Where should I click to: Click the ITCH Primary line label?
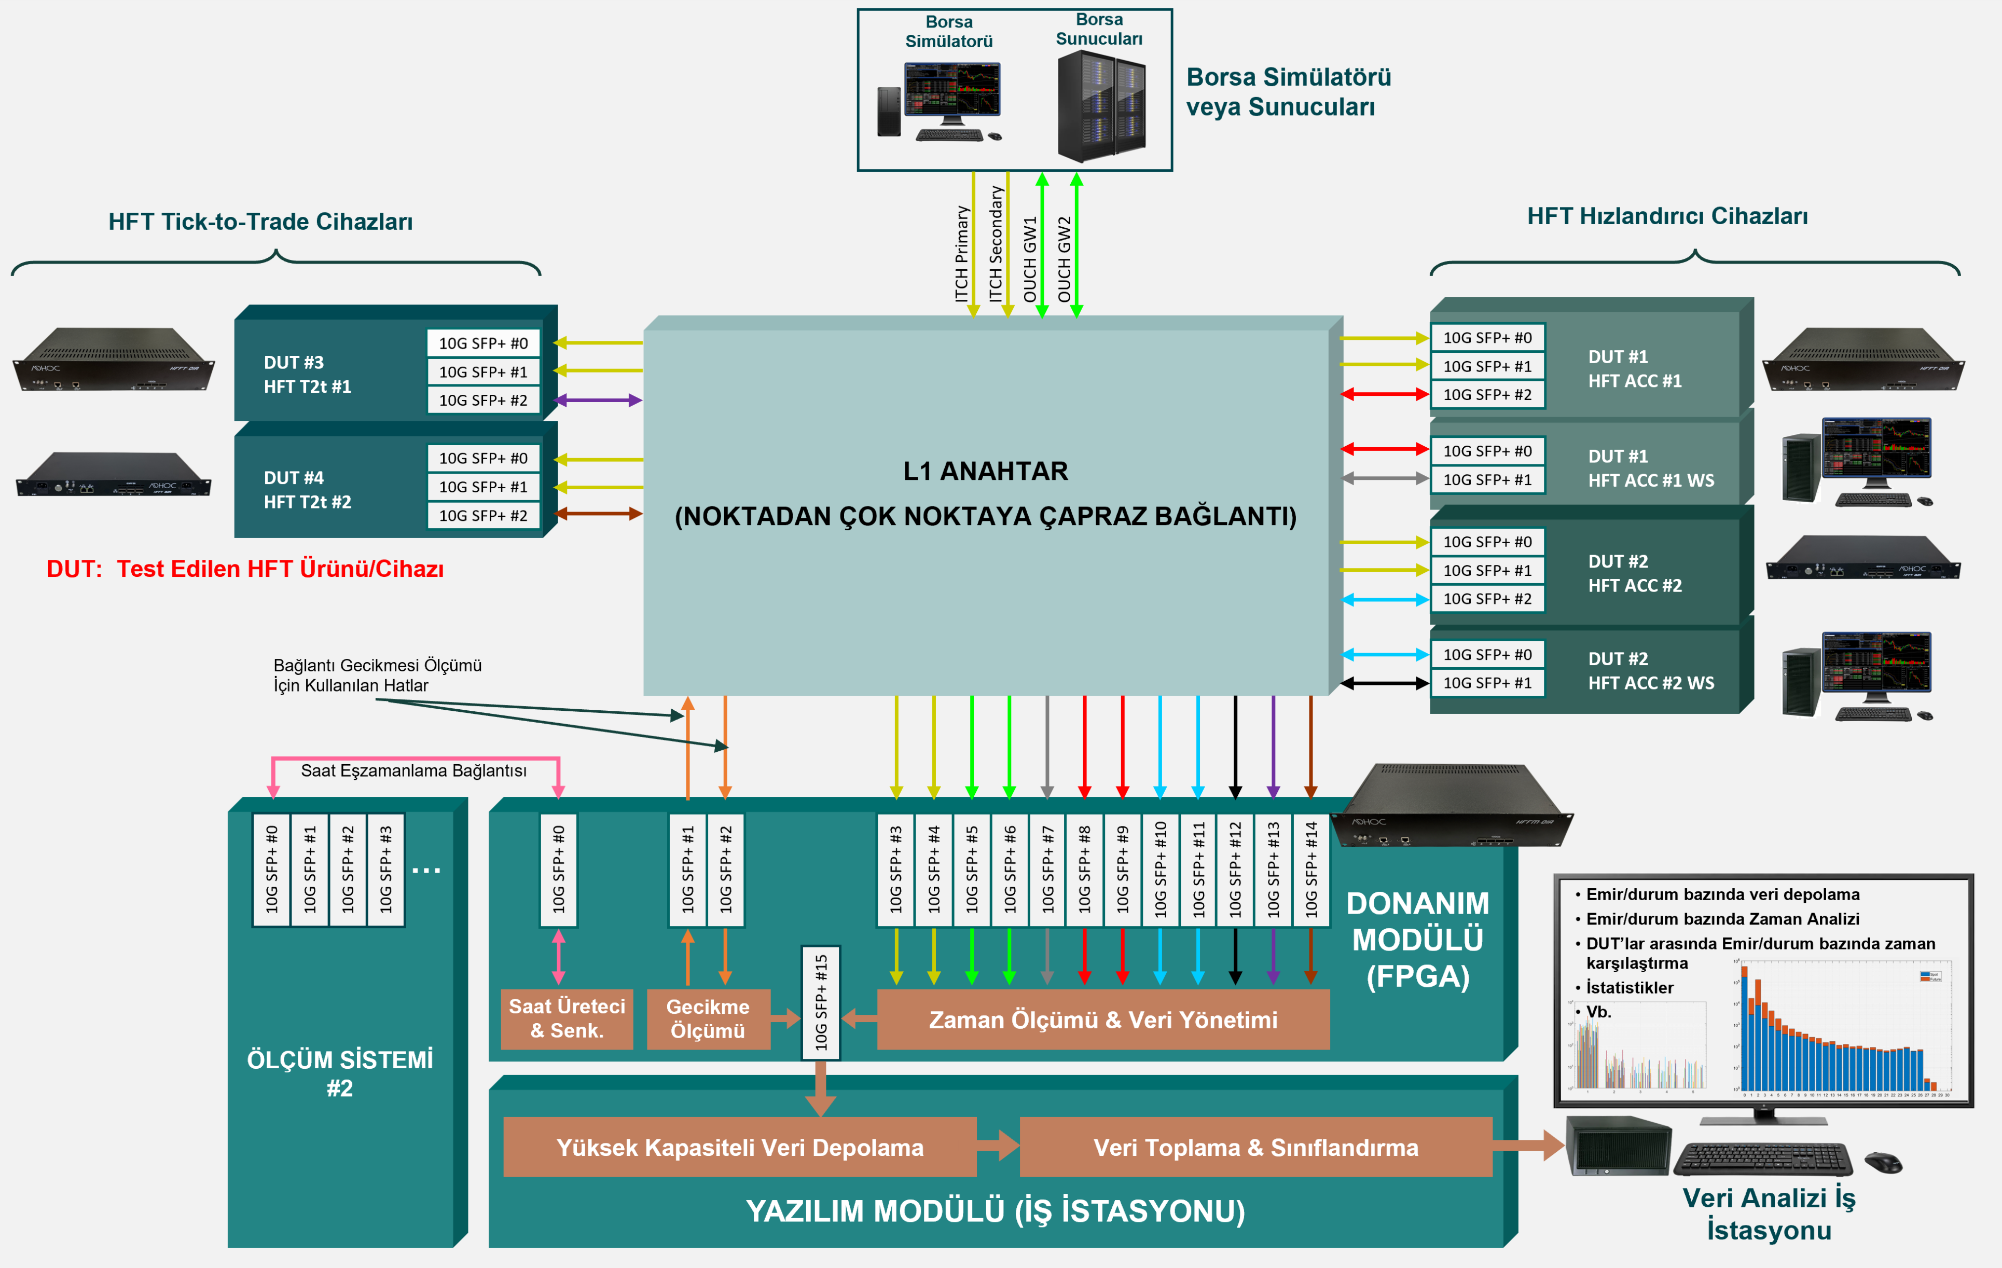click(962, 254)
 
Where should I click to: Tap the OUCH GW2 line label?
click(1064, 259)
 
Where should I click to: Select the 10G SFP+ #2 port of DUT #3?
click(483, 400)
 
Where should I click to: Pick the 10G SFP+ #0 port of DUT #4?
click(483, 458)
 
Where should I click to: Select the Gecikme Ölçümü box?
click(708, 1018)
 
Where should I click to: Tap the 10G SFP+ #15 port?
click(821, 1002)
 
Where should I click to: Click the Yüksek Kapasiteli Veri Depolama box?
click(739, 1148)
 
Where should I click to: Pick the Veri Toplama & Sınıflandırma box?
click(1255, 1148)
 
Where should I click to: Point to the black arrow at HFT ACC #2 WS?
click(1384, 683)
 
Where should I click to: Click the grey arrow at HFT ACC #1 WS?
click(1384, 478)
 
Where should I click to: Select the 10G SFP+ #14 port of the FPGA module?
click(1311, 869)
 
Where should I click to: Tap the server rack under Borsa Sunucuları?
click(1101, 106)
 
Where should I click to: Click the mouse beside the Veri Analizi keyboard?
click(1883, 1162)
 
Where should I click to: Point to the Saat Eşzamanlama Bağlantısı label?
click(413, 771)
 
